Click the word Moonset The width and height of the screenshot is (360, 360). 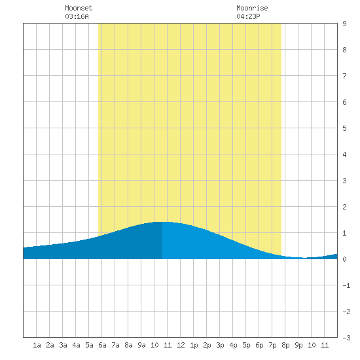(79, 8)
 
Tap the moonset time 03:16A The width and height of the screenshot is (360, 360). (77, 16)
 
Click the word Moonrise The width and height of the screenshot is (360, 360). (252, 8)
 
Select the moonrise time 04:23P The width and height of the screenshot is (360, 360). (248, 16)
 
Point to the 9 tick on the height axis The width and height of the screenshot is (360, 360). (344, 24)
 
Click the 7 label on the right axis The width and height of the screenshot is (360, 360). (344, 76)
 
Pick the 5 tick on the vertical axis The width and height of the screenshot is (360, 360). (344, 128)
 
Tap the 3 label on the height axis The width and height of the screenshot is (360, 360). (344, 181)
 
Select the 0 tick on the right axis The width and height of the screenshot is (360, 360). (344, 259)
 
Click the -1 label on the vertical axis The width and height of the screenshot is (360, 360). (346, 285)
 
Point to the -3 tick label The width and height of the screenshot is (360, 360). (346, 338)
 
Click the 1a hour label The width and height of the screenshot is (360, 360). (37, 345)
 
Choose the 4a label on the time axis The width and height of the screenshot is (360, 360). (76, 345)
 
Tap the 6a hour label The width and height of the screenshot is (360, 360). (102, 345)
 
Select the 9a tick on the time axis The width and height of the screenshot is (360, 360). (141, 345)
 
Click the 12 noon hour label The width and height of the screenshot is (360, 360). (181, 345)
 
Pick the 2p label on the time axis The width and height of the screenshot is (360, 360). (207, 345)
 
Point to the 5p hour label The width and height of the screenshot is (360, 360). (246, 345)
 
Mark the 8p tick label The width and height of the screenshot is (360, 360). (285, 345)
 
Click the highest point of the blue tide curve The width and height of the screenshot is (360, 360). (162, 222)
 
